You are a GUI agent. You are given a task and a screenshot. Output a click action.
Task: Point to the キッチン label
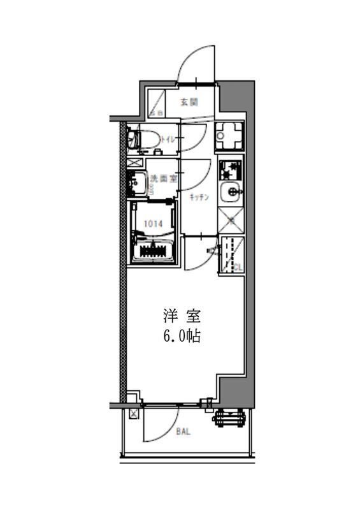pos(199,198)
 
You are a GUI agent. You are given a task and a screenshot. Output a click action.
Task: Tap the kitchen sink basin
pos(230,192)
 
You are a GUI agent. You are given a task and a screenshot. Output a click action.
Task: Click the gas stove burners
pos(229,170)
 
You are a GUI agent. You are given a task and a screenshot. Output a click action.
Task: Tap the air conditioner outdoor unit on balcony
pos(231,418)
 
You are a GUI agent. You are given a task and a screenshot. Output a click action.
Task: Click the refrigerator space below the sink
pos(231,220)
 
